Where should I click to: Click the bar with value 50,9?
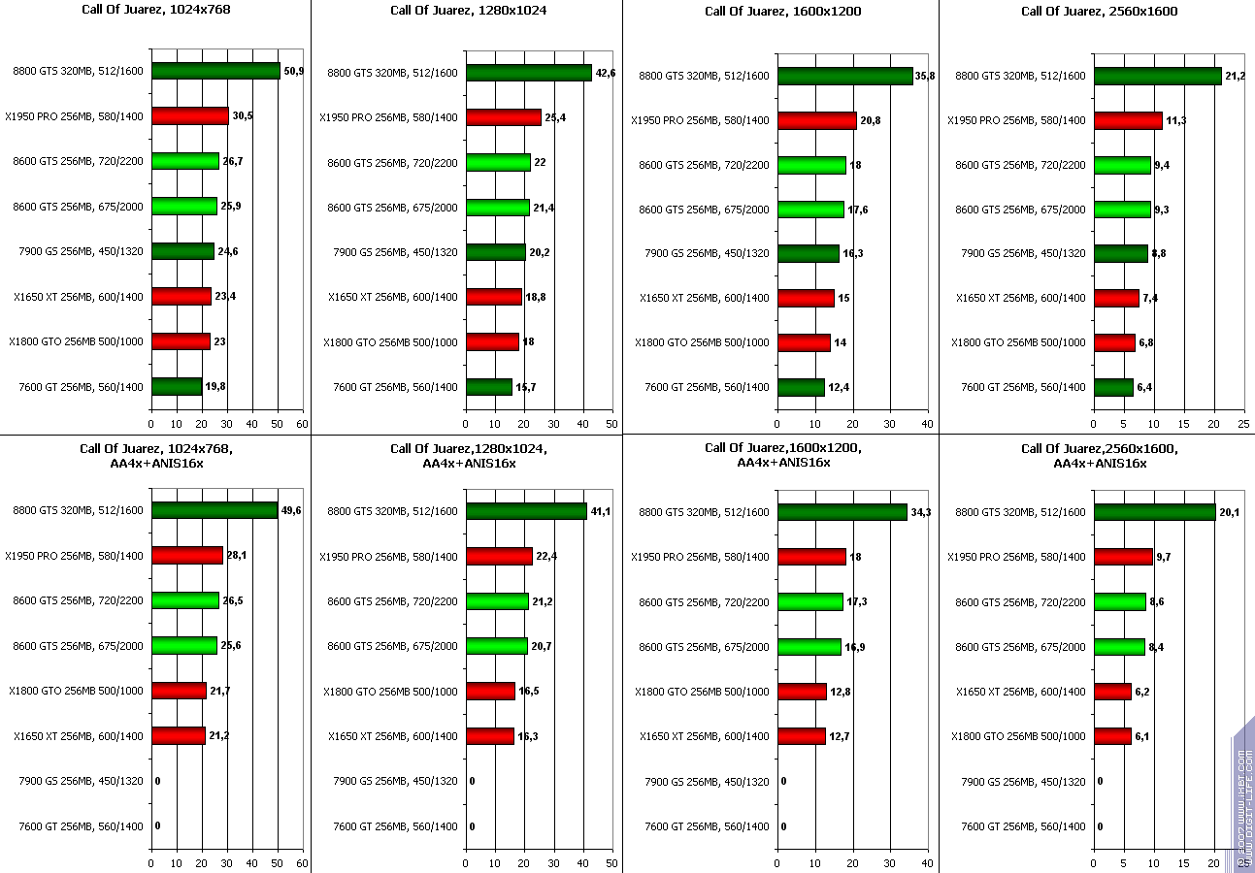(215, 71)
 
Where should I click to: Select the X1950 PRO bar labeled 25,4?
(503, 117)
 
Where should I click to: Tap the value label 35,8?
(925, 76)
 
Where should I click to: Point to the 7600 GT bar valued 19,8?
(177, 387)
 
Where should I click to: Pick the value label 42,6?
(605, 73)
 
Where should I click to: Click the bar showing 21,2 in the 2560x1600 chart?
(1157, 76)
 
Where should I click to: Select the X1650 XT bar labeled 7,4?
(1116, 298)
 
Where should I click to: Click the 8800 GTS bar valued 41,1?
(526, 511)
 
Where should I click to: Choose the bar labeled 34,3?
(842, 512)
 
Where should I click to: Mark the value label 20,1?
(1230, 512)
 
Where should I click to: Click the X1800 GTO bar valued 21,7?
(179, 691)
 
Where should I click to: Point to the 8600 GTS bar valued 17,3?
(809, 602)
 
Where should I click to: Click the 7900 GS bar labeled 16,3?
(808, 253)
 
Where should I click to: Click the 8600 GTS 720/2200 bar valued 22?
(498, 162)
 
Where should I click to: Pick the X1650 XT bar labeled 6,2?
(1112, 692)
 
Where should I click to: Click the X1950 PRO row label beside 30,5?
(75, 116)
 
